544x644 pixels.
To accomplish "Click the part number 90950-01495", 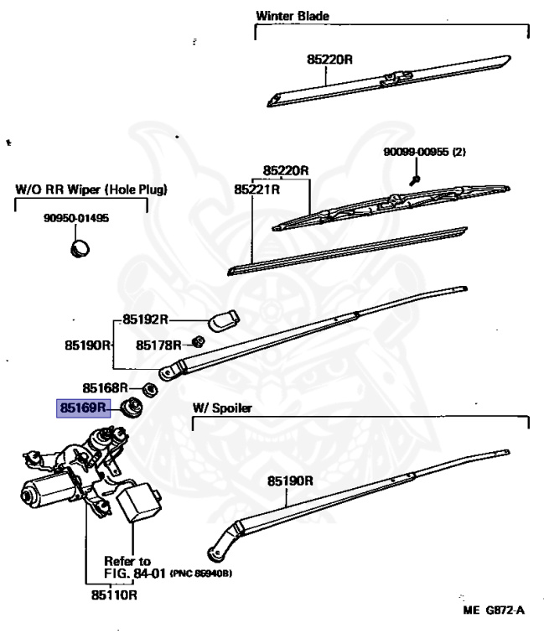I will [x=76, y=219].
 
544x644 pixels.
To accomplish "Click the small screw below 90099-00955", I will [x=414, y=179].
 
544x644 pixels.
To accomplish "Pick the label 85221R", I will [x=256, y=190].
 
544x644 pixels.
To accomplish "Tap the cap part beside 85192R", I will [x=224, y=320].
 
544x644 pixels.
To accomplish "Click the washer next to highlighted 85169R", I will [x=132, y=408].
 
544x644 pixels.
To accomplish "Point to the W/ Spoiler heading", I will [x=222, y=408].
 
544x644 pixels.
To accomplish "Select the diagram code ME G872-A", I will [x=493, y=610].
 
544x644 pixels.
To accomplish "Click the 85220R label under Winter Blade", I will [x=329, y=60].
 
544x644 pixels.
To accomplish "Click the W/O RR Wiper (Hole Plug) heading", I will [x=91, y=190].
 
